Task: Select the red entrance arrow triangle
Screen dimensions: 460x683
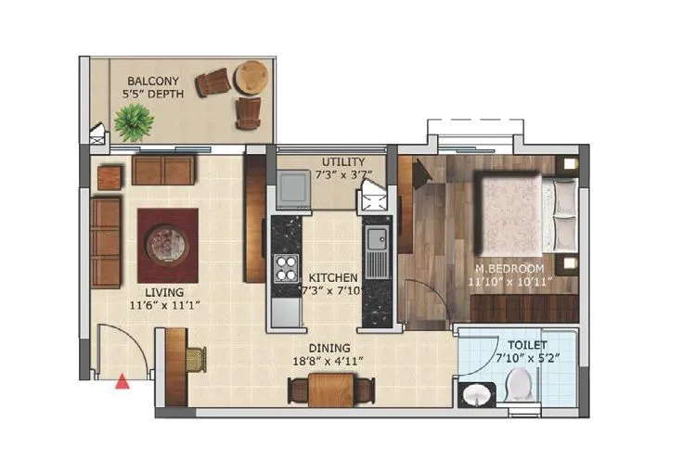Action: (122, 379)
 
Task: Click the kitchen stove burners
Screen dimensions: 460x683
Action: (284, 268)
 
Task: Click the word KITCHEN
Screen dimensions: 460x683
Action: (332, 277)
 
